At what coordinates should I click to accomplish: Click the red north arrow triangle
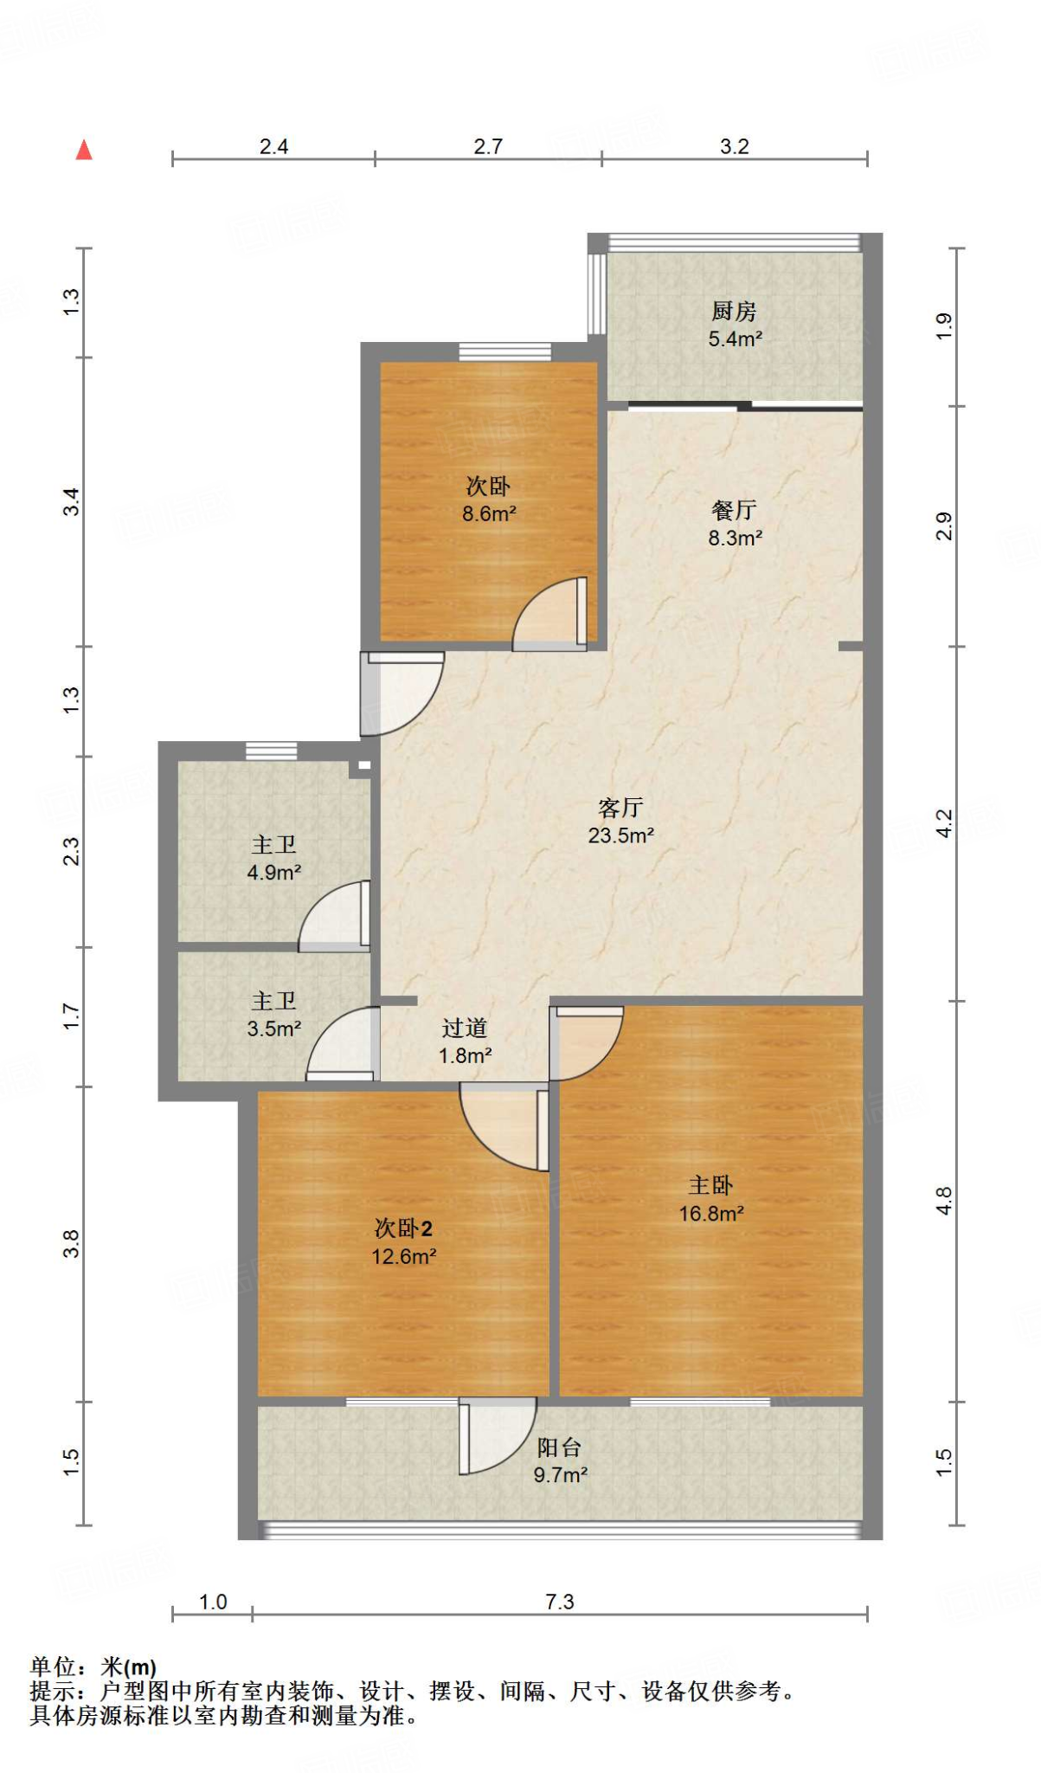[84, 150]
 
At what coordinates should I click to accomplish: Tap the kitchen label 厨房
[734, 310]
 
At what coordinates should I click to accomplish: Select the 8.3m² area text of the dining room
[735, 538]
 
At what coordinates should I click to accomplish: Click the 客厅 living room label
[620, 808]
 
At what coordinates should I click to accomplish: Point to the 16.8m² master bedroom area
[710, 1214]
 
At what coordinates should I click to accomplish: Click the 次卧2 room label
[403, 1228]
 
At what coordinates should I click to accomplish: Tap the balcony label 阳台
[559, 1447]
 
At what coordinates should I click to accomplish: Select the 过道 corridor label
[465, 1028]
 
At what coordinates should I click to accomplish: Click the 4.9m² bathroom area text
[273, 873]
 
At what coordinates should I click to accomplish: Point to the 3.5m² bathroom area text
[273, 1028]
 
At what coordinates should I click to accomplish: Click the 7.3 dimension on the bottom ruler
[559, 1602]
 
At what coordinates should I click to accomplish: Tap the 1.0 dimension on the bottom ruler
[213, 1602]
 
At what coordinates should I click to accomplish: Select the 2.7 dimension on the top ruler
[488, 146]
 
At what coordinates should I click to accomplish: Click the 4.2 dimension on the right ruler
[943, 822]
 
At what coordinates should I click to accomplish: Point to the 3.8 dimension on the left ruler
[71, 1243]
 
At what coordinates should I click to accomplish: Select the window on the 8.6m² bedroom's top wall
[504, 351]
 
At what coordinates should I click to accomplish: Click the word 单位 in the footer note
[53, 1667]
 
